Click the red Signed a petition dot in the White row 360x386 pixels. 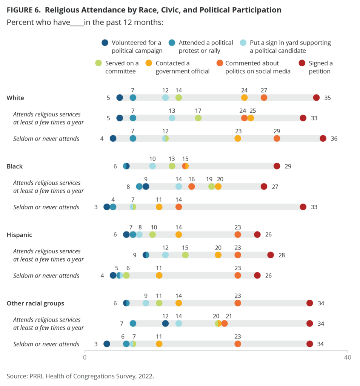[316, 98]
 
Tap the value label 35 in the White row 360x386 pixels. [327, 98]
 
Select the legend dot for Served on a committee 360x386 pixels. [98, 63]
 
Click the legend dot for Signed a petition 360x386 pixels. [302, 63]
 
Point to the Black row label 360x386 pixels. [15, 166]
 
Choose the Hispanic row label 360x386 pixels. [19, 235]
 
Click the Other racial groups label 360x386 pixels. [35, 303]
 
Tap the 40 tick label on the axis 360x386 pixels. [347, 357]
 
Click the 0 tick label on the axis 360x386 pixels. [85, 357]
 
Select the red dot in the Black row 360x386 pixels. [277, 166]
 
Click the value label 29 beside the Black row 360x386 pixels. [288, 166]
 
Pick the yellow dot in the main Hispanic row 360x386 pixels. [178, 235]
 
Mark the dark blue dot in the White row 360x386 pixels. [120, 98]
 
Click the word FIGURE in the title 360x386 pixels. [20, 10]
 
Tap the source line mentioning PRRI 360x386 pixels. [80, 376]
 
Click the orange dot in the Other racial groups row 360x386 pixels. [238, 303]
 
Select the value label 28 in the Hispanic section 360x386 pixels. [281, 255]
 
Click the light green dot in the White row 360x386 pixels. [178, 98]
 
